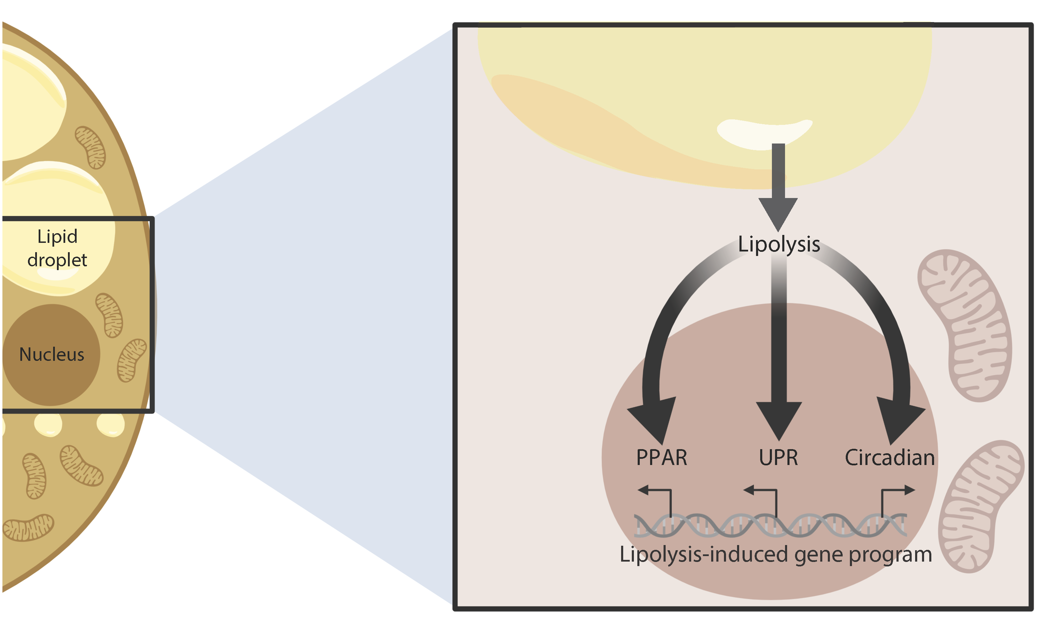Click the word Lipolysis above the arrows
778,244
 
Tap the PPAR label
661,458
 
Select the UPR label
778,458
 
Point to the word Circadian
890,458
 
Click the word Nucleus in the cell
52,355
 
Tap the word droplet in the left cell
57,260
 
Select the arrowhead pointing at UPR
778,420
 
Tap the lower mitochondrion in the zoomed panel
981,506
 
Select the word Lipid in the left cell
57,237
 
